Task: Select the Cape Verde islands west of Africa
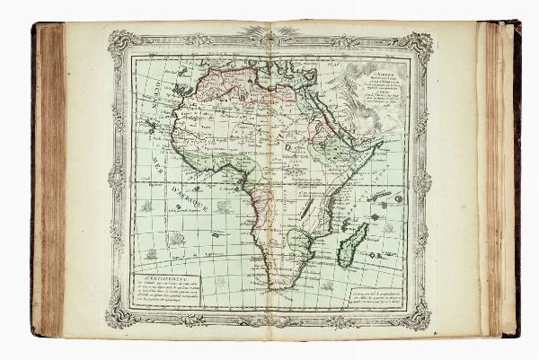(x=147, y=129)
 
